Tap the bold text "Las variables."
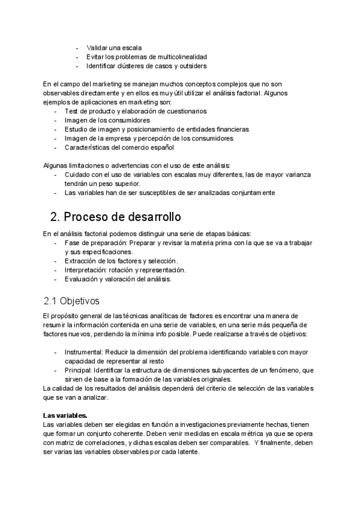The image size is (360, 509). pos(65,415)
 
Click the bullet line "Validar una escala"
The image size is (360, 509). pos(114,47)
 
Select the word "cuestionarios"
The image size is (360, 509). pos(184,111)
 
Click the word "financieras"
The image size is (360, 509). pos(227,129)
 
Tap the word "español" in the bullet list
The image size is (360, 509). pos(161,147)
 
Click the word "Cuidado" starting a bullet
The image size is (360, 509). pos(78,175)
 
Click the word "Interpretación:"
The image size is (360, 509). pos(88,270)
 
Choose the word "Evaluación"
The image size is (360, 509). pos(82,279)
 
